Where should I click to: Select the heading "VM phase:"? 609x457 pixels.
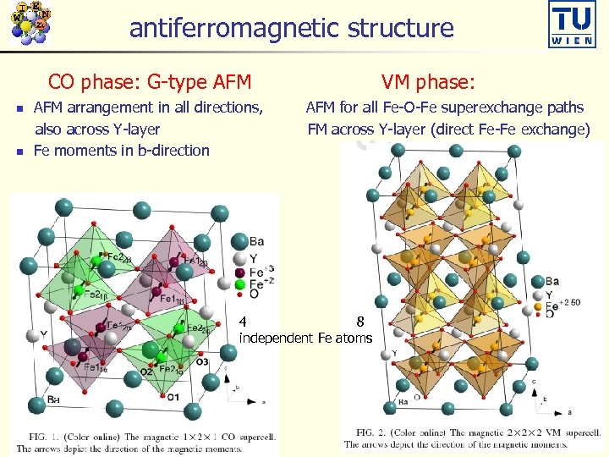428,81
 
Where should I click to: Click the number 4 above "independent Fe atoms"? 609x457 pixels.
244,322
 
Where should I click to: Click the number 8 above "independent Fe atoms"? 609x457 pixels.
360,322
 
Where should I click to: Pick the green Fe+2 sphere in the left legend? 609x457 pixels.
239,285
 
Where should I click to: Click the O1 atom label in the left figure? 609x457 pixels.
173,397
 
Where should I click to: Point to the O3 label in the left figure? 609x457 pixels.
201,362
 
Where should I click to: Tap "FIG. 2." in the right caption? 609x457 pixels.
365,433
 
